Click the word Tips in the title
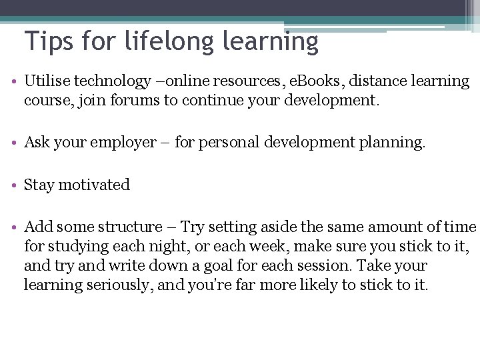pos(49,41)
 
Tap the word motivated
pos(94,185)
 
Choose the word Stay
pos(39,185)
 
